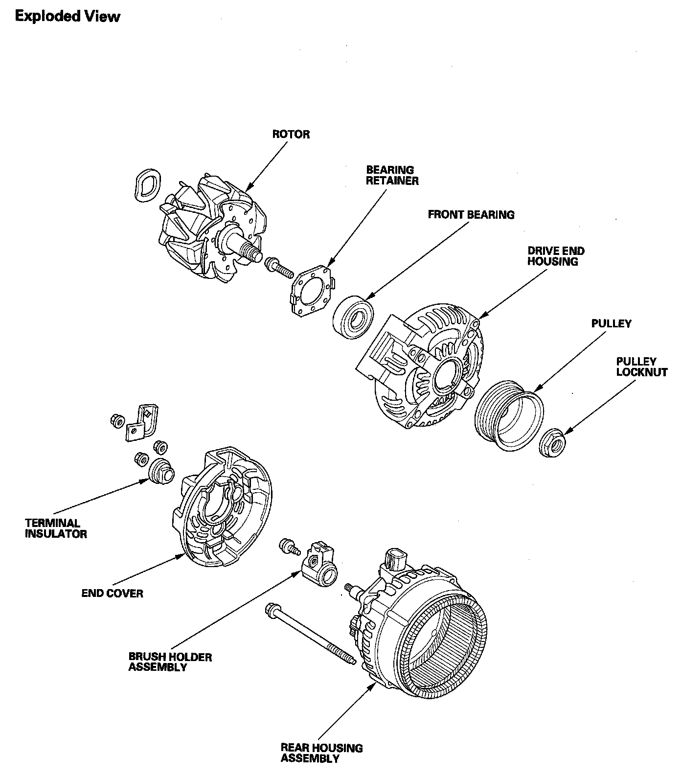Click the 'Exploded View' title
(68, 17)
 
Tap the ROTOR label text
(291, 135)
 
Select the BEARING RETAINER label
(392, 175)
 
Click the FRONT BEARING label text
(471, 214)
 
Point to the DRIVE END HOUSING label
(556, 256)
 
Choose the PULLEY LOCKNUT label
(641, 366)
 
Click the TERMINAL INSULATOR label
(56, 528)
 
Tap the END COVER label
(113, 594)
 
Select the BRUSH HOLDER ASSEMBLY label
(170, 662)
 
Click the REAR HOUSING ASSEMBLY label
(321, 754)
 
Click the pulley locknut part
(552, 442)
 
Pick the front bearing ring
(353, 316)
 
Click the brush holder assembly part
(319, 566)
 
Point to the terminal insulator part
(160, 471)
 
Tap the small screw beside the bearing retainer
(278, 267)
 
